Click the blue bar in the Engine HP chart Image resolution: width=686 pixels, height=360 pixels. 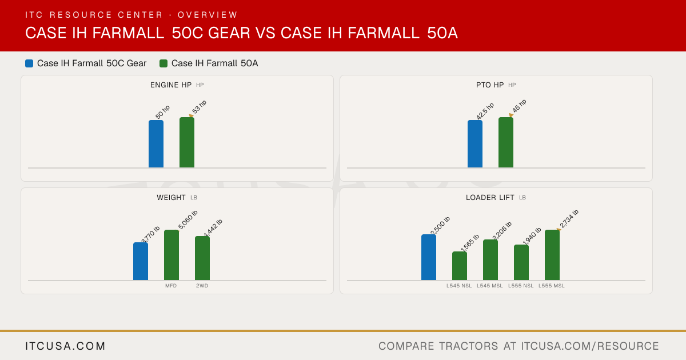[x=156, y=144]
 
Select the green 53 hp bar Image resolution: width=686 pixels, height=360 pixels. [x=187, y=142]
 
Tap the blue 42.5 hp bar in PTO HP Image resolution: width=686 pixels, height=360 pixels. [x=475, y=144]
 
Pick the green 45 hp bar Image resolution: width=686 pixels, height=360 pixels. [x=506, y=142]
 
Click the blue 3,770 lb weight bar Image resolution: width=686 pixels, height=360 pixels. [x=141, y=261]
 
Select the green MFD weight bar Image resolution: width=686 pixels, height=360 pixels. [x=171, y=255]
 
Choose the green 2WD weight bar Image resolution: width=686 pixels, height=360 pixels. [x=202, y=258]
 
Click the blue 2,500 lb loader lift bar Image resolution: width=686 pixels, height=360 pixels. [x=429, y=257]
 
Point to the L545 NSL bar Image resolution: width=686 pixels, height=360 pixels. [x=460, y=266]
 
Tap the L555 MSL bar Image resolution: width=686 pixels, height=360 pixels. [x=552, y=255]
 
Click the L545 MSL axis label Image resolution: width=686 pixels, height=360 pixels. [x=490, y=286]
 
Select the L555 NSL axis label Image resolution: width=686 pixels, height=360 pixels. [x=521, y=286]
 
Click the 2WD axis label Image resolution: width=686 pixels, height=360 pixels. [x=202, y=286]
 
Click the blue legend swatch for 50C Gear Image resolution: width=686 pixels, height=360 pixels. [x=29, y=63]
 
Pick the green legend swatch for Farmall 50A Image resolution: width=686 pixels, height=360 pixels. [x=163, y=63]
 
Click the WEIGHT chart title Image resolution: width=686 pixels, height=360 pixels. [x=171, y=198]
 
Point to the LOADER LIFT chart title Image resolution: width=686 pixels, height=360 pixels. [x=490, y=198]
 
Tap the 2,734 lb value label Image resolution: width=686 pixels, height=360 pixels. [x=569, y=218]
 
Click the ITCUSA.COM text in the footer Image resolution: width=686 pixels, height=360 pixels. [x=65, y=346]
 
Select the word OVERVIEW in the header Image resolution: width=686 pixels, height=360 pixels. [x=208, y=15]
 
